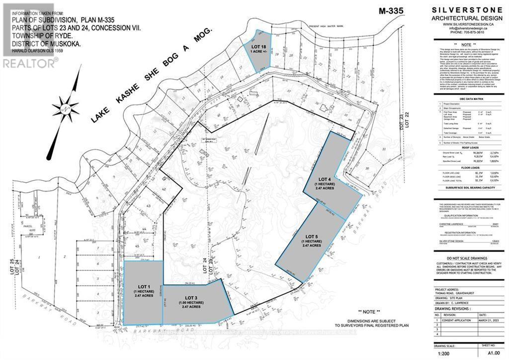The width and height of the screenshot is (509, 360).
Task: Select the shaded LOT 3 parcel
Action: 194,301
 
